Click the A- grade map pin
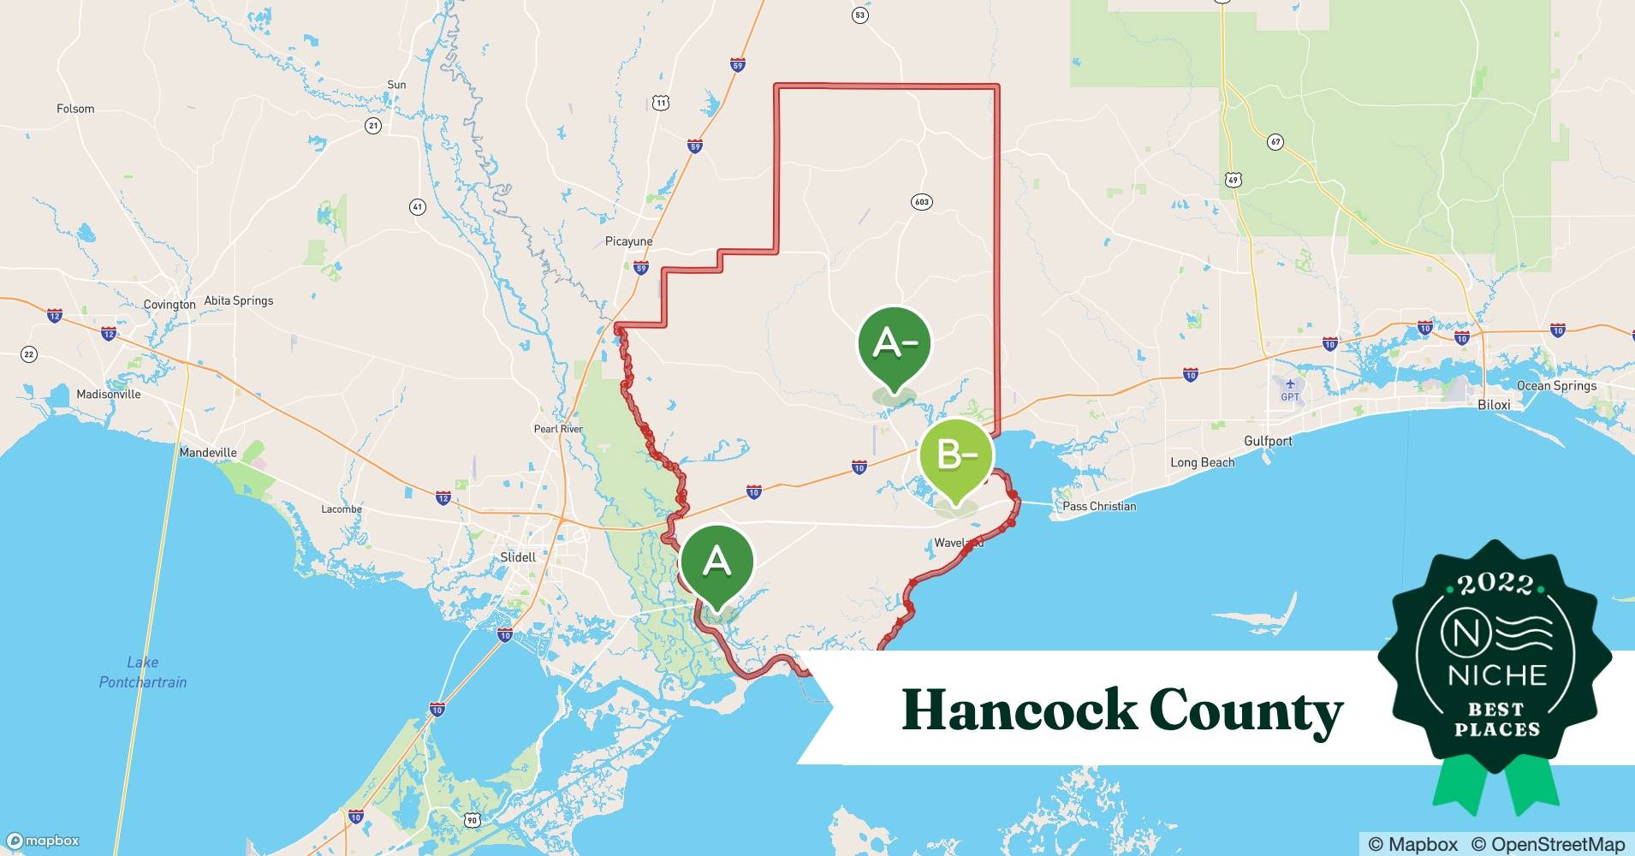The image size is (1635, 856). pos(895,345)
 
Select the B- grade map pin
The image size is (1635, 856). pos(956,456)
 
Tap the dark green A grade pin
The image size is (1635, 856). pos(717,562)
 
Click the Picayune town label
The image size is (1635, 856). pos(628,241)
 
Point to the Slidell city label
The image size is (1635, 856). pos(518,557)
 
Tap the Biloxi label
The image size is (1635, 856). pos(1494,404)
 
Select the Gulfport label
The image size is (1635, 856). pos(1268,441)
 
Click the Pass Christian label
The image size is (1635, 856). pos(1099,506)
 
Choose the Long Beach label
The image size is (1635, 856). pos(1202,462)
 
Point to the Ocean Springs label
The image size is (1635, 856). pos(1556,386)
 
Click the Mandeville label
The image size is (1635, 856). pos(208,452)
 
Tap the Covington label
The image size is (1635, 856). pos(169,305)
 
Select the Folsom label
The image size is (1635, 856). pos(75,109)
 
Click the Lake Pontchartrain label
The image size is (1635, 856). pos(143,672)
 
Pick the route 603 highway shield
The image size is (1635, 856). pos(921,202)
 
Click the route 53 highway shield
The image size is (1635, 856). pos(859,15)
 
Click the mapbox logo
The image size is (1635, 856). pos(43,841)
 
